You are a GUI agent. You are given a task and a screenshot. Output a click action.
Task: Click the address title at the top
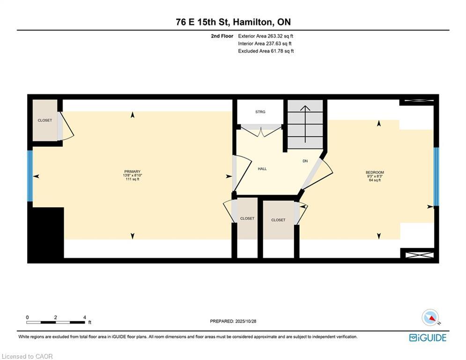233,22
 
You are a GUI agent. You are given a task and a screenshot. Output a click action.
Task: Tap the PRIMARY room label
132,172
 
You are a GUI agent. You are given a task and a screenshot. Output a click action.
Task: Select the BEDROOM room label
375,172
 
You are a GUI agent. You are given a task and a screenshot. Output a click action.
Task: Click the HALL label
262,169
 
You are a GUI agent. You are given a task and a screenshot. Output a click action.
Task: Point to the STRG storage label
260,112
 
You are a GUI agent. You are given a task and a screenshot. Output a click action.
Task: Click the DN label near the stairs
305,161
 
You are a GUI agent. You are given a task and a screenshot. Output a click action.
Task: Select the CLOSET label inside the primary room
45,120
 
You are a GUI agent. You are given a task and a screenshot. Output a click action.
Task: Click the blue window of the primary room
30,176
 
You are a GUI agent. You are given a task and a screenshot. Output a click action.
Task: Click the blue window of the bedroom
436,177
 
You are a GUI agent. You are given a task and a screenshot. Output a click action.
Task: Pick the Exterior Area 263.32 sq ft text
266,36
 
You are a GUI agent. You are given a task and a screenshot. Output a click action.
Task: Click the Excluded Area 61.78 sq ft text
266,51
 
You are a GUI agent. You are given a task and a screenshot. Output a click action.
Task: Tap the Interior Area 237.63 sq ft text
266,44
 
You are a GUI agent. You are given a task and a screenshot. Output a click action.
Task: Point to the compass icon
430,317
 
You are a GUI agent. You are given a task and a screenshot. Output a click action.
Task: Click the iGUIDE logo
428,337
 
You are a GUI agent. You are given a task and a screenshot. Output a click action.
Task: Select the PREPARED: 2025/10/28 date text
233,321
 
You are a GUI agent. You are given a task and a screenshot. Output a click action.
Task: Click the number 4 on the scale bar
84,317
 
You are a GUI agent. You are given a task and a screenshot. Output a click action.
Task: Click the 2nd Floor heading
222,36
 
